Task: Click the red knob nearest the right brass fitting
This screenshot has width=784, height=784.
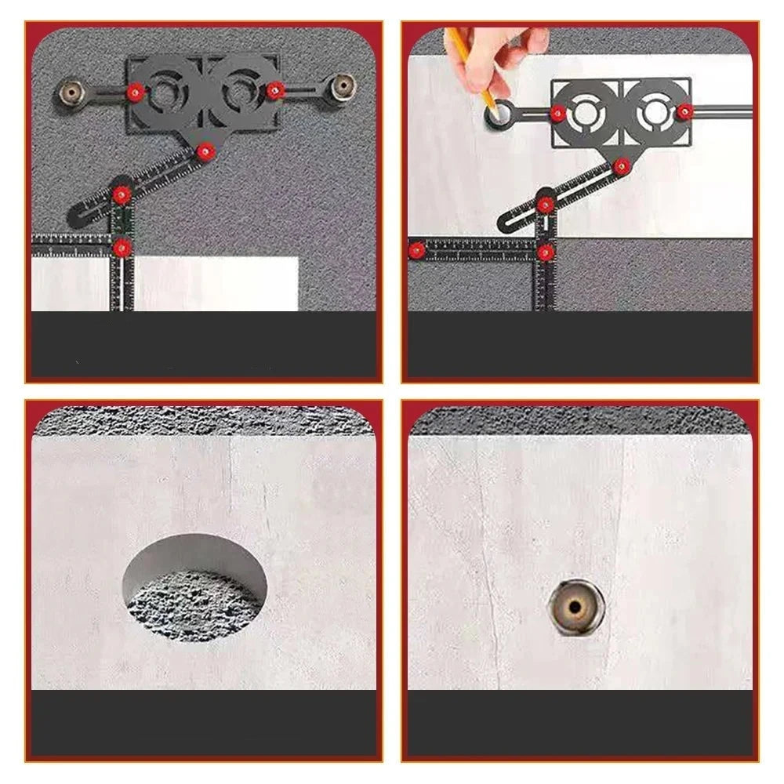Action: tap(274, 90)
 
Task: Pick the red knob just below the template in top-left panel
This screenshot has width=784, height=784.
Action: tap(206, 150)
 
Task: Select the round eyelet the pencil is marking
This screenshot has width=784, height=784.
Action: tap(499, 115)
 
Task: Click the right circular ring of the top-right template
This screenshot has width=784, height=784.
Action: tap(655, 113)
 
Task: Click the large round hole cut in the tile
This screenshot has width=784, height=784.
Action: tap(194, 588)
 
